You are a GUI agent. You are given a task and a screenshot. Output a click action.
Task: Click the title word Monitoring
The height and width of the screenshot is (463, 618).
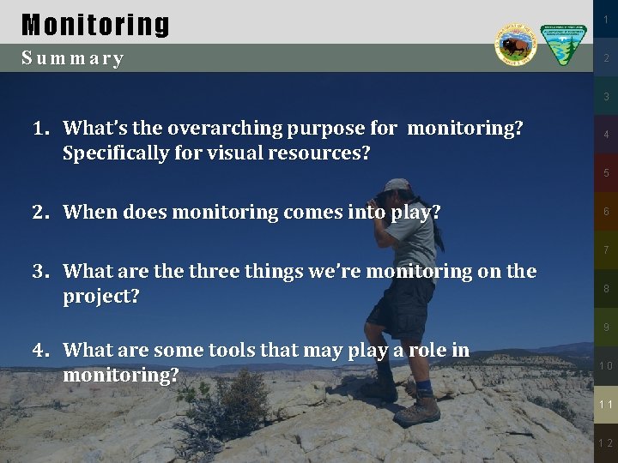[95, 24]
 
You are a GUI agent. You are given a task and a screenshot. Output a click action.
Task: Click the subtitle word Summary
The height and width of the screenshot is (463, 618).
[73, 58]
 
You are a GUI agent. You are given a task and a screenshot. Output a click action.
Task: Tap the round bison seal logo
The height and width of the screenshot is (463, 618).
[515, 45]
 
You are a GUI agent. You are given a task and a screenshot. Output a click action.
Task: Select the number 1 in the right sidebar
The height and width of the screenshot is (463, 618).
[605, 20]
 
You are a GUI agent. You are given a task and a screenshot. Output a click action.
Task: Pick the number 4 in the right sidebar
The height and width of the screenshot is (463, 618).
[605, 135]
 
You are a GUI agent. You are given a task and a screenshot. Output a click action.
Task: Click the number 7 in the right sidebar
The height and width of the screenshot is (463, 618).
[605, 250]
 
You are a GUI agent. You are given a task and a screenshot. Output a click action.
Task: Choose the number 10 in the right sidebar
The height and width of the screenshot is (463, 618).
[605, 366]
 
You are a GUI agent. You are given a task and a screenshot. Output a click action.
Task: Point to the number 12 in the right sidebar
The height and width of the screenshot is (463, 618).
[605, 443]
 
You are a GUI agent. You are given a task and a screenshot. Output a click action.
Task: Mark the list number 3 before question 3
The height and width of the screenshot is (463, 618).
[39, 272]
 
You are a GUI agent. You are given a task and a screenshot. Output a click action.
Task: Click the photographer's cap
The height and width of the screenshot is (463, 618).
[397, 186]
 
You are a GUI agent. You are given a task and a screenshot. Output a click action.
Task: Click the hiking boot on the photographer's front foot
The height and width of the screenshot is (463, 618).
[418, 410]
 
